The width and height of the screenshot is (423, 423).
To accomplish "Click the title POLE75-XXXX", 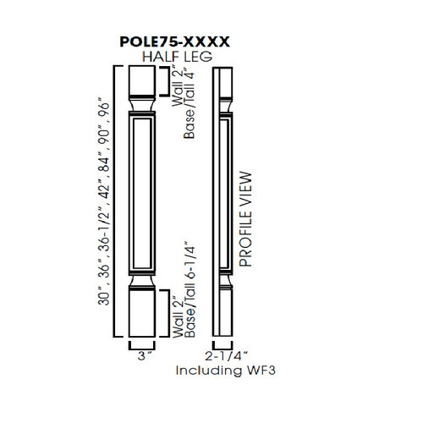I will coord(176,40).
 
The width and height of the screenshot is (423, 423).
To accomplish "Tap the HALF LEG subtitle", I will coord(176,56).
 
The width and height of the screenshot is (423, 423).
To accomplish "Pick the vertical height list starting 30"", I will coord(105,203).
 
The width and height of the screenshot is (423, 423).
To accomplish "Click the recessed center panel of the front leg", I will coord(141,200).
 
